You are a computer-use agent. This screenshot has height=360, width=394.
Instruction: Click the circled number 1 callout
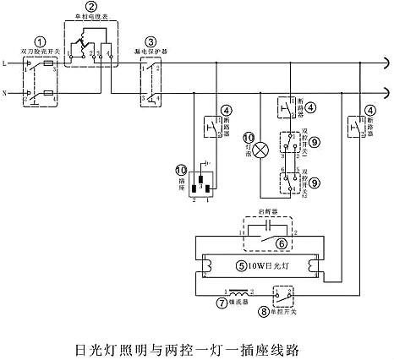coord(39,41)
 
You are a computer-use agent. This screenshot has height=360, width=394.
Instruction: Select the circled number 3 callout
coord(150,41)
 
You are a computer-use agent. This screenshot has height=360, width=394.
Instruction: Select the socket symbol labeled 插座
coord(202,182)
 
